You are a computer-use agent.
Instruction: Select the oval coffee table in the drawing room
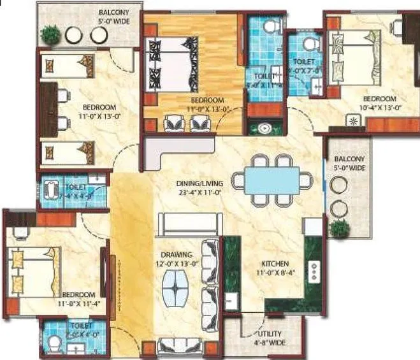[x=175, y=287]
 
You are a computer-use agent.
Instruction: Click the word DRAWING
[x=175, y=254]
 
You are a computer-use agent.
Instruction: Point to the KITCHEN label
[x=275, y=263]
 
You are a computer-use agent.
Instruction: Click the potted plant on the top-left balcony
[x=49, y=32]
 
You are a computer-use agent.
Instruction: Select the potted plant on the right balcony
[x=340, y=227]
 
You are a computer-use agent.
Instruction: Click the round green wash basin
[x=264, y=128]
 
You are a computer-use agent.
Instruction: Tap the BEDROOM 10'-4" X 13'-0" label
[x=379, y=103]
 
